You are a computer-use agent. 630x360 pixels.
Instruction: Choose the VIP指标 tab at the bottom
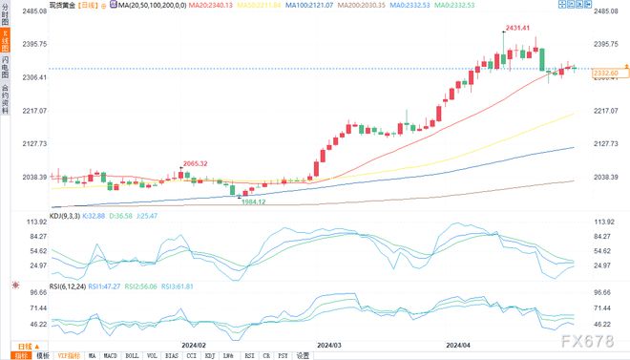68,354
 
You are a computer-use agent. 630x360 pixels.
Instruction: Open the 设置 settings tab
303,354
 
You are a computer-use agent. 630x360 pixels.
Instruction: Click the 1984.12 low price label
253,201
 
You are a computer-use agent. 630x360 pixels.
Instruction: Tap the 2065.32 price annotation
197,164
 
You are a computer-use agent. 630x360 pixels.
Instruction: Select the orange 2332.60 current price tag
606,73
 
